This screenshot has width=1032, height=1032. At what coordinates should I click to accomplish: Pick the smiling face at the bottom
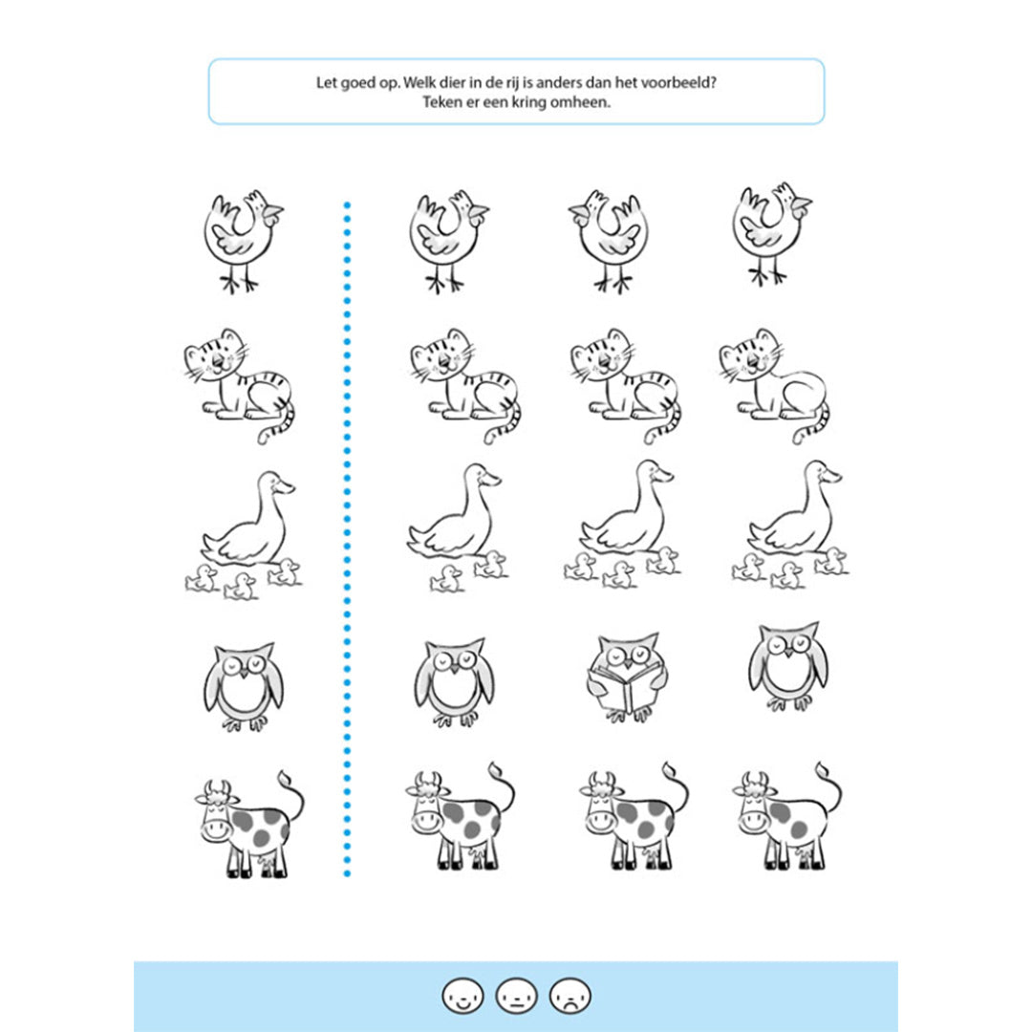[462, 995]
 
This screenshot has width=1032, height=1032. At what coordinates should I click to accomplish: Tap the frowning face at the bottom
[570, 995]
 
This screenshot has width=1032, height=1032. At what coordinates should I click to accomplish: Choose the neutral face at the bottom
[517, 995]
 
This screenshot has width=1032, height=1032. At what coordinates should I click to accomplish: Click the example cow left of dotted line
[250, 824]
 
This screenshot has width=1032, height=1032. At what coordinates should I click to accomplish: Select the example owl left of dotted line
[244, 686]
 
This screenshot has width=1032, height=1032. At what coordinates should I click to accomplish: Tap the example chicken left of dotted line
[242, 241]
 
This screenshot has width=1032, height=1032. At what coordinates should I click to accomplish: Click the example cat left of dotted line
[240, 386]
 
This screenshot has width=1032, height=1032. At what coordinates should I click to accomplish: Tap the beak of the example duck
[286, 487]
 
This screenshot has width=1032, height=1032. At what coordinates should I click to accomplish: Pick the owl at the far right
[788, 666]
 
